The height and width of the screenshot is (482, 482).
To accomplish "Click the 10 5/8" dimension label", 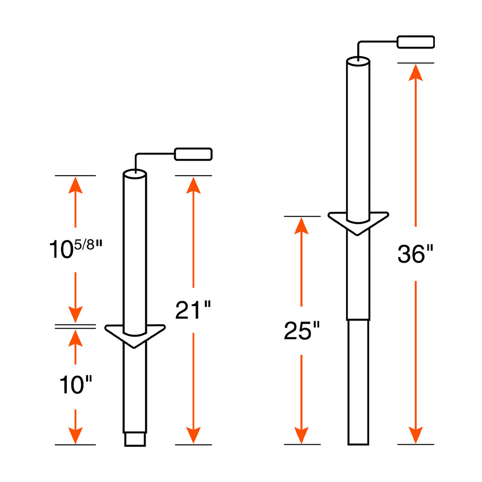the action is [x=76, y=249].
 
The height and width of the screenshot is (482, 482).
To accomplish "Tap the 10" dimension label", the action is [x=76, y=385].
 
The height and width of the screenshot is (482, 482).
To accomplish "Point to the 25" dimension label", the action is [x=302, y=330].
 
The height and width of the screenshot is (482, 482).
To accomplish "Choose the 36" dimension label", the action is [x=415, y=254].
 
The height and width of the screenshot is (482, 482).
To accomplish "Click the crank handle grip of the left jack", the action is [x=193, y=154].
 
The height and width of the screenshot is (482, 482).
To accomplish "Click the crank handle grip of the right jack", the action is [x=416, y=42].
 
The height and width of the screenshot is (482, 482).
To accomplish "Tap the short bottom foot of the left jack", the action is [x=135, y=439].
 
